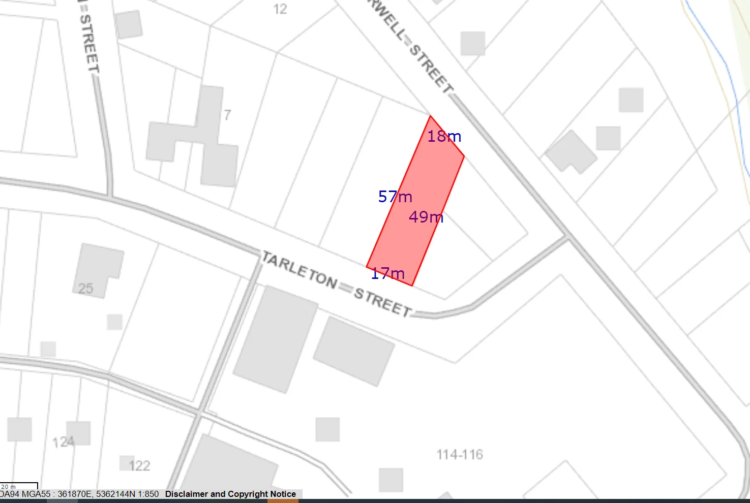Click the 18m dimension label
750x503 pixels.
click(x=444, y=136)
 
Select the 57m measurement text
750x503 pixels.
click(x=395, y=197)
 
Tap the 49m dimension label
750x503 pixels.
click(x=426, y=217)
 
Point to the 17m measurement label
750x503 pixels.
click(x=388, y=274)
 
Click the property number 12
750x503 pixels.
click(x=280, y=9)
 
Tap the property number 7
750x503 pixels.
click(x=227, y=115)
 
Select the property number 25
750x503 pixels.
click(x=85, y=289)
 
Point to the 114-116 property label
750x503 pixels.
click(x=460, y=455)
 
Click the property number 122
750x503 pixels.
click(x=139, y=466)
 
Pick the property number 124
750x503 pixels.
click(x=63, y=443)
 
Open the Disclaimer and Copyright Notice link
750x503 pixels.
click(x=230, y=494)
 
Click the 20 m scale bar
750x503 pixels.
click(x=19, y=487)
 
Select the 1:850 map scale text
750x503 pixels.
click(x=147, y=494)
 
